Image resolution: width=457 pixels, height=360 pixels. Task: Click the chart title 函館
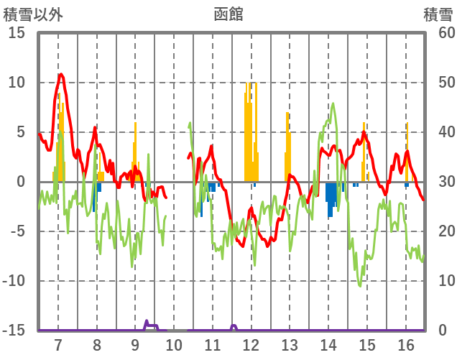click(228, 13)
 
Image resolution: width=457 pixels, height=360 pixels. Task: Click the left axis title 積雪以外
click(32, 13)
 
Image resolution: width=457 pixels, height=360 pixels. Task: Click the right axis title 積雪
click(437, 13)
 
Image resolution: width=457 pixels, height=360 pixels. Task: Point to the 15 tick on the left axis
click(17, 33)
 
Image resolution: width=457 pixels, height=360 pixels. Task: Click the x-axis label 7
click(58, 344)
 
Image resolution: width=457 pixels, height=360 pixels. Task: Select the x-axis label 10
click(174, 344)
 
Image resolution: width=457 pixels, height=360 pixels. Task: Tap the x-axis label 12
click(251, 344)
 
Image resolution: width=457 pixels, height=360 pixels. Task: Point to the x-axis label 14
click(328, 344)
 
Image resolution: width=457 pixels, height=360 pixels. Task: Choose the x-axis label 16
click(406, 344)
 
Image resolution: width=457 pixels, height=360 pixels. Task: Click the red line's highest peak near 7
click(61, 74)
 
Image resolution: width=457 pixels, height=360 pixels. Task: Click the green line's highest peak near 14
click(333, 103)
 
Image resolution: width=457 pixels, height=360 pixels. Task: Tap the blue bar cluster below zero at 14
click(331, 198)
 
